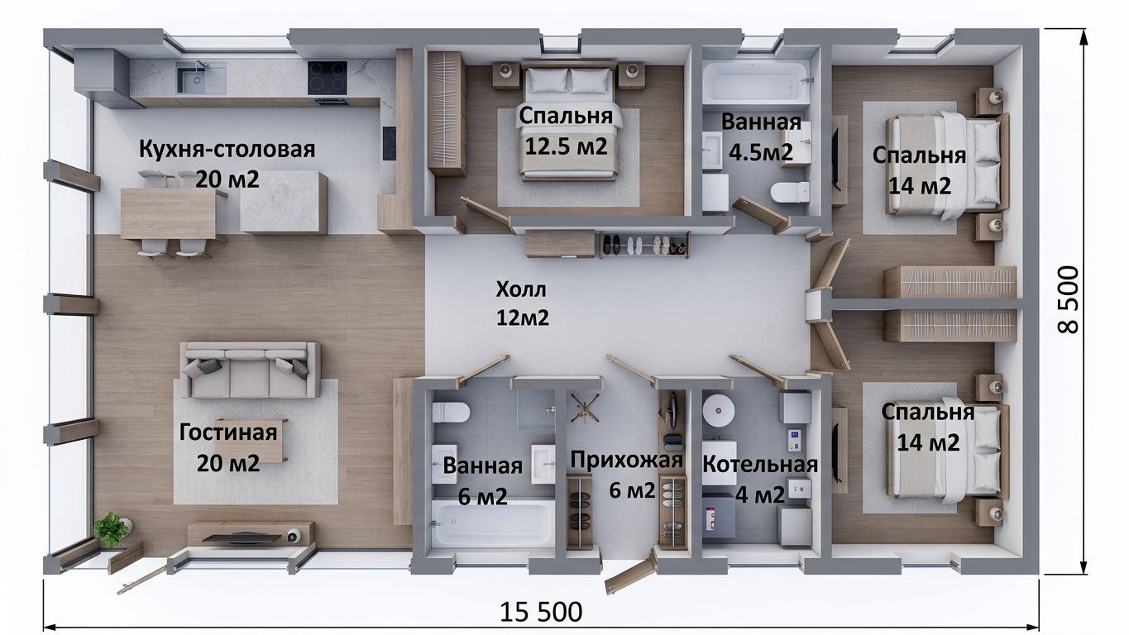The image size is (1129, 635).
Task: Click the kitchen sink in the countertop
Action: (201, 78)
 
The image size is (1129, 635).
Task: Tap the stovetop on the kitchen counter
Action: (327, 78)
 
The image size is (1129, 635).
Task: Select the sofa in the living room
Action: (250, 370)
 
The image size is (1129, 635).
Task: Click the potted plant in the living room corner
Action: (111, 530)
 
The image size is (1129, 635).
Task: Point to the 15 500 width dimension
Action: (541, 612)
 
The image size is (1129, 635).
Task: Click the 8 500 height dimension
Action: (1068, 299)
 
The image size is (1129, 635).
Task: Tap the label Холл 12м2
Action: (522, 303)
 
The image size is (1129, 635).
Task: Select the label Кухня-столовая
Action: (227, 149)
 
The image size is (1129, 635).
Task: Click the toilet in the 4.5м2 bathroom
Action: (789, 192)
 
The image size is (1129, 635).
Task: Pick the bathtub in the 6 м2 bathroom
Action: (493, 523)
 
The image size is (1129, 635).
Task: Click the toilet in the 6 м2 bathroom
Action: (450, 413)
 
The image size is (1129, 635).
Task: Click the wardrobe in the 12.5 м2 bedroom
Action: (447, 113)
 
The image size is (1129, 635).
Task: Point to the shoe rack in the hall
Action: (644, 246)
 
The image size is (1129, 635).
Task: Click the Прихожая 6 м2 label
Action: (627, 475)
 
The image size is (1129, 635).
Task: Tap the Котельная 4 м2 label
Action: (759, 480)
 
